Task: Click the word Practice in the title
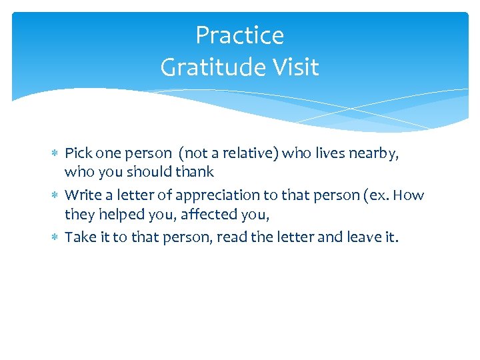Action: coord(239,35)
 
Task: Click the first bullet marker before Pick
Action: coord(55,153)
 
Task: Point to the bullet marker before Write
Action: coord(55,195)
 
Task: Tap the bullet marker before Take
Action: coord(55,237)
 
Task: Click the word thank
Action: coord(195,172)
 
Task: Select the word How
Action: coord(409,195)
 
